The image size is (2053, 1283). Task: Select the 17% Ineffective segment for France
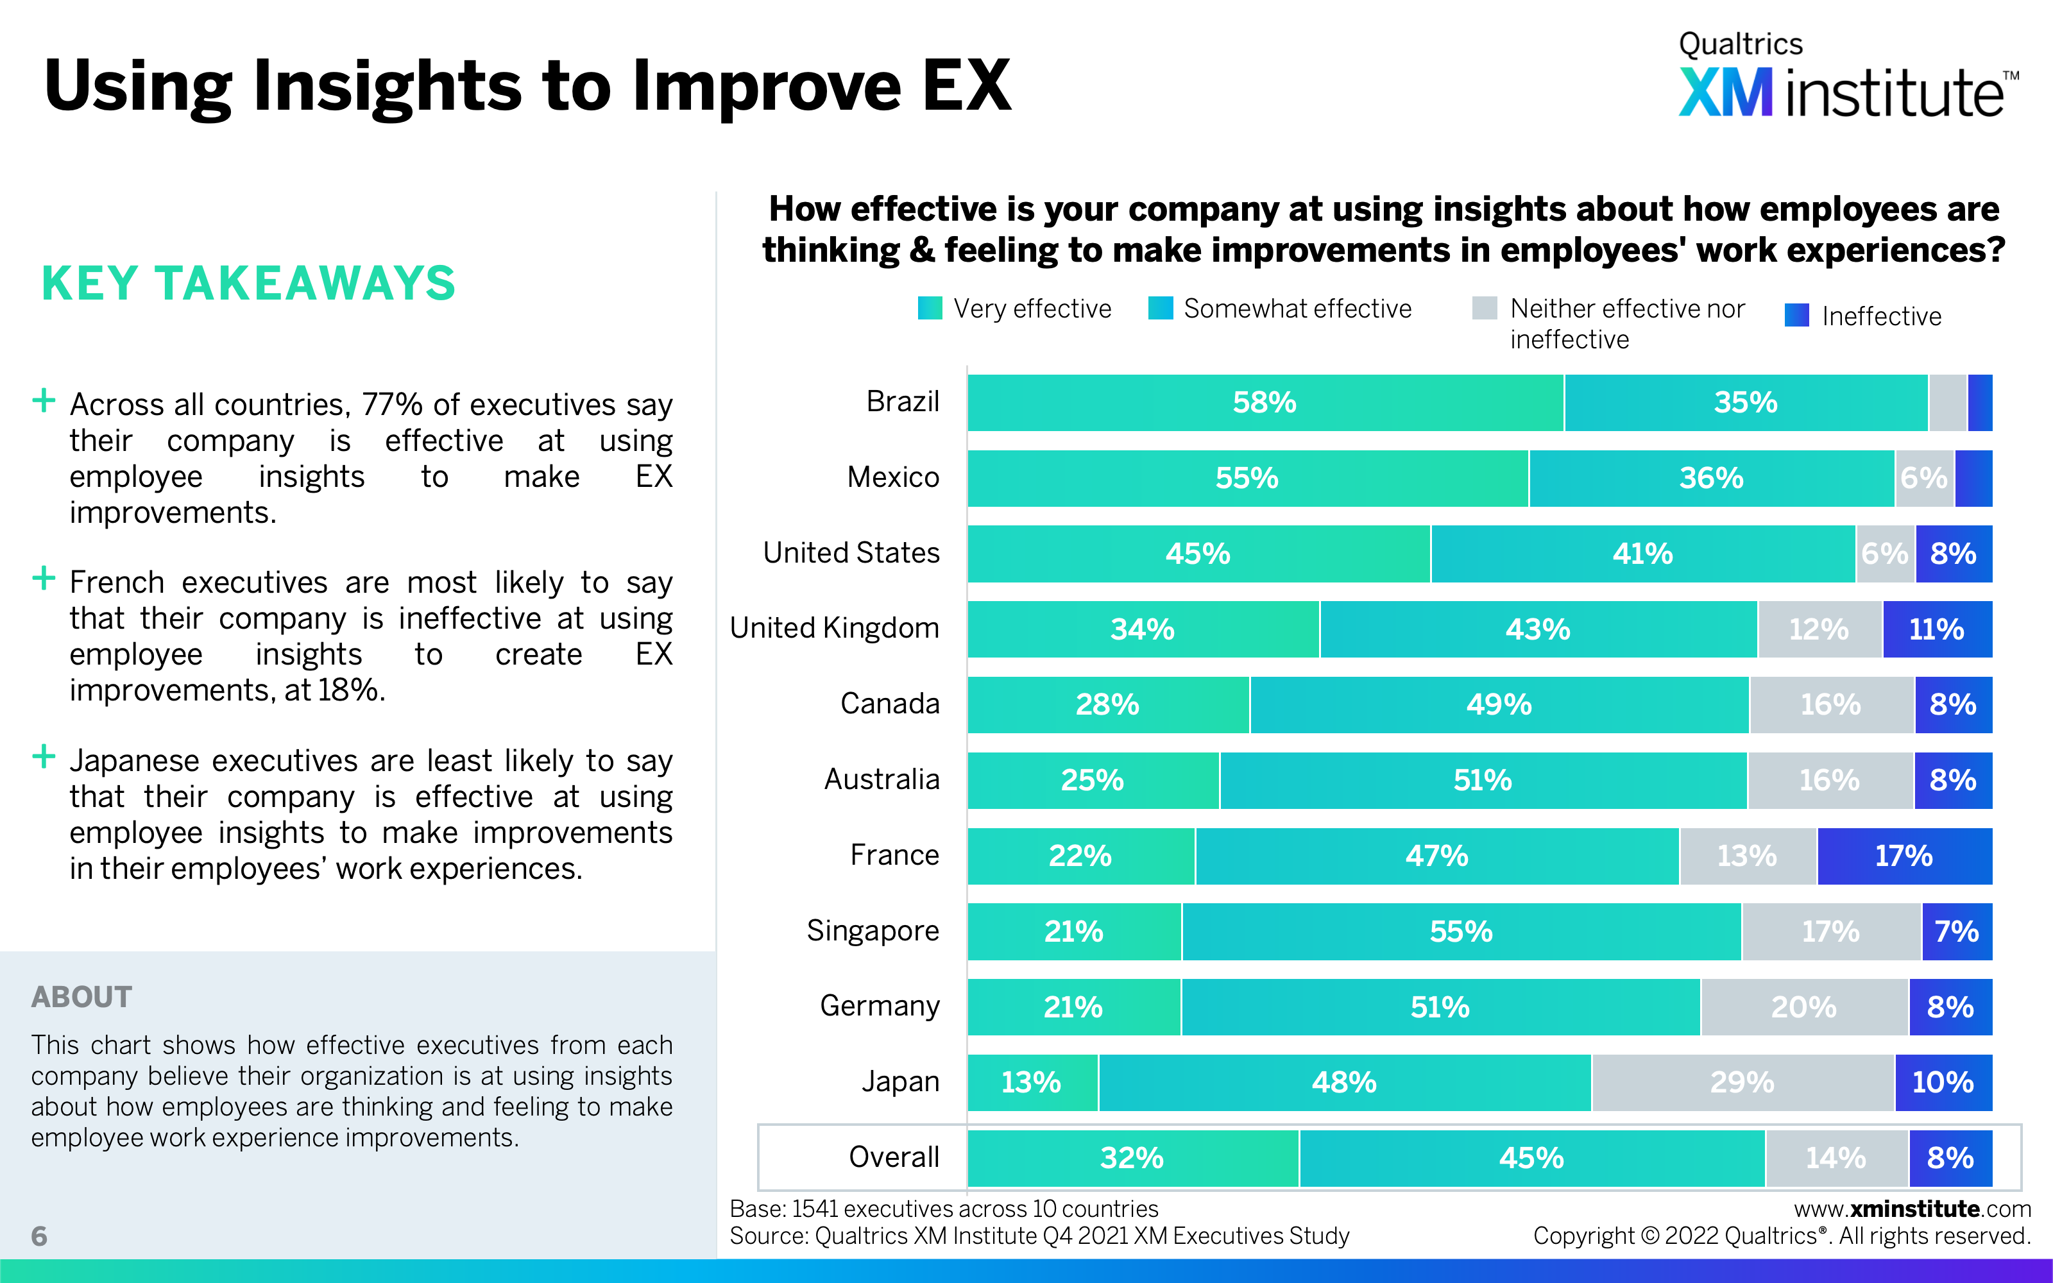tap(1904, 855)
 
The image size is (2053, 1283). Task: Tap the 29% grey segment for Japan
tap(1742, 1082)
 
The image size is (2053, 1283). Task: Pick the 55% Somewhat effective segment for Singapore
tap(1461, 931)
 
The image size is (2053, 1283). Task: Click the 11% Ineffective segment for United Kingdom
tap(1937, 629)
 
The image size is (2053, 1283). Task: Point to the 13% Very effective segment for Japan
tap(1032, 1082)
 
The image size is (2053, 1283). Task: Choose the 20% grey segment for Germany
tap(1803, 1007)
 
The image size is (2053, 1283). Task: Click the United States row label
tap(851, 552)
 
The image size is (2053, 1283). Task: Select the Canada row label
tap(890, 704)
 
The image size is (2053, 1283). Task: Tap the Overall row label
tap(894, 1157)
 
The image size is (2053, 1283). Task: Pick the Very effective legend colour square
tap(930, 308)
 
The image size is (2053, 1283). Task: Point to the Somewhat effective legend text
tap(1297, 308)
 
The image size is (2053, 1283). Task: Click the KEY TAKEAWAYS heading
tap(248, 284)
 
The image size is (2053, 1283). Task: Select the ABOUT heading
tap(81, 997)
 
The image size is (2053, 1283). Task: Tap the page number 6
tap(39, 1236)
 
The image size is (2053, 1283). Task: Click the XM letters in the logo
tap(1726, 94)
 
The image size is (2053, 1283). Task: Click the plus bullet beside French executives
tap(43, 579)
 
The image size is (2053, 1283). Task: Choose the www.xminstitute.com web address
tap(1912, 1209)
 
